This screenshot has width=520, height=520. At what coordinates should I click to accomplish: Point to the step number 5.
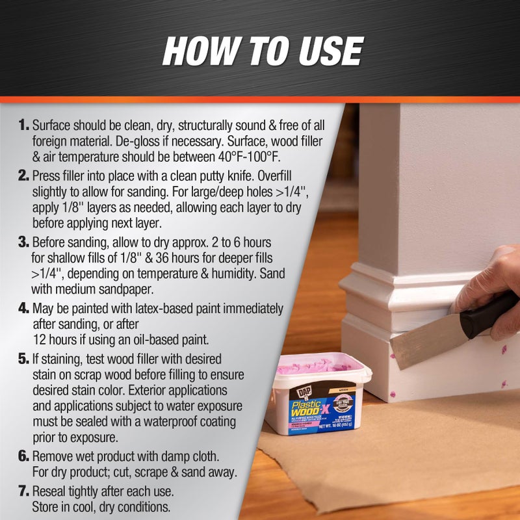24,359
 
